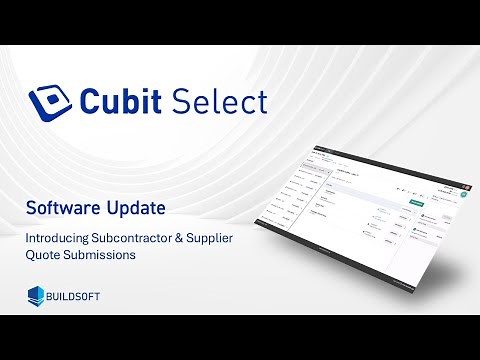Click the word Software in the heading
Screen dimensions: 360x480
pos(62,209)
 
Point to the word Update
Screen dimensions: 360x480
pos(136,210)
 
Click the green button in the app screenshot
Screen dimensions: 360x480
pos(416,202)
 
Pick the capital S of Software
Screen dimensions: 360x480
pos(31,209)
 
